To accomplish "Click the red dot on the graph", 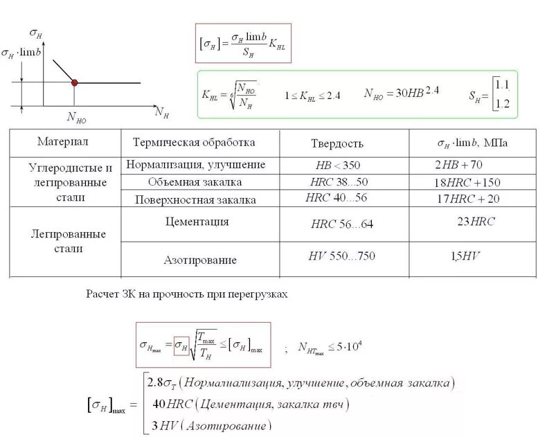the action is pos(75,82).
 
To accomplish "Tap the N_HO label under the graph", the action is pos(77,117).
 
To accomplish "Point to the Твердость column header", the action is pos(337,143).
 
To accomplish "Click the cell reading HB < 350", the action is pos(337,166).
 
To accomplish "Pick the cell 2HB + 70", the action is pos(458,166).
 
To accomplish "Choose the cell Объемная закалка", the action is pos(195,182).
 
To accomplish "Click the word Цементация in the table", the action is pos(197,222).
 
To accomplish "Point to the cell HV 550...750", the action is pos(341,256).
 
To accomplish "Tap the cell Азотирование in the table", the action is pos(200,260).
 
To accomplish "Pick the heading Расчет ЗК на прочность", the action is pos(186,294).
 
